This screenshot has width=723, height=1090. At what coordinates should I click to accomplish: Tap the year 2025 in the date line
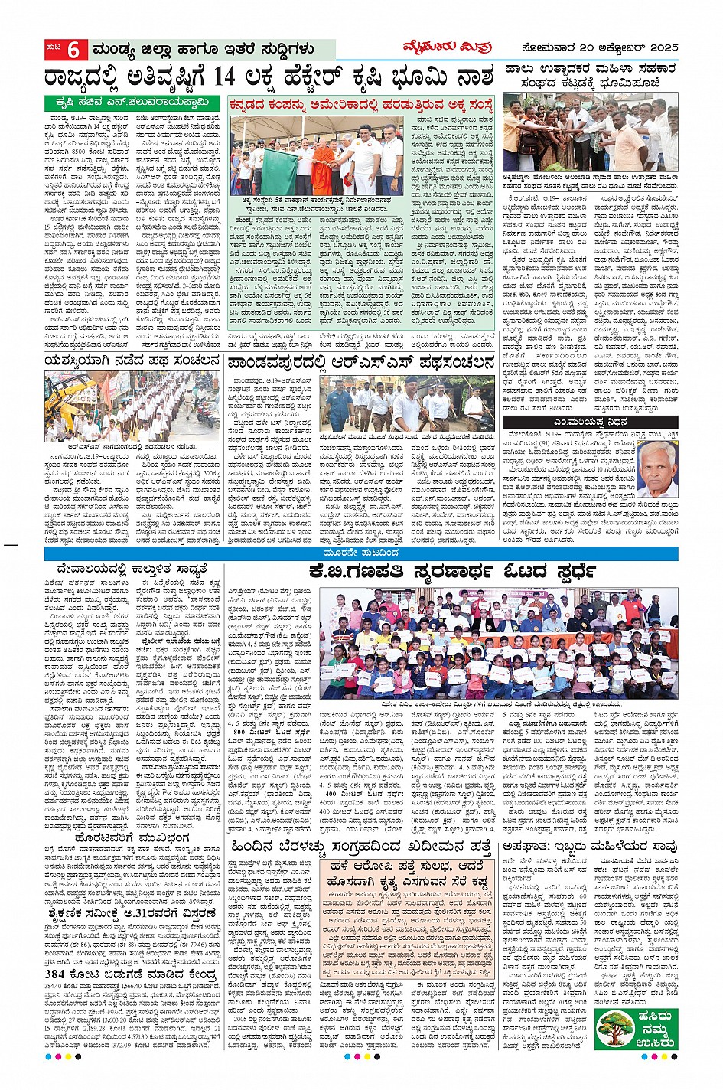658,48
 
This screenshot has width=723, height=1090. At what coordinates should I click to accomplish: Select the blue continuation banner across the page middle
360,552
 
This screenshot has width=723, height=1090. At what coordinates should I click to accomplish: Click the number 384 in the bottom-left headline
64,974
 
